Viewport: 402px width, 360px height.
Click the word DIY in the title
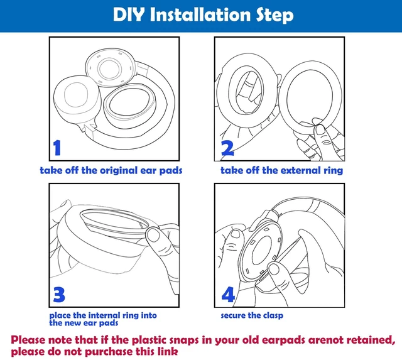(128, 14)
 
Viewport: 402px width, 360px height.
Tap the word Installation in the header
(200, 14)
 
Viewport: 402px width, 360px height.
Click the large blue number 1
(57, 148)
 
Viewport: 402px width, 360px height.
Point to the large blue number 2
(227, 148)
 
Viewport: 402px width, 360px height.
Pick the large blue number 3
(59, 295)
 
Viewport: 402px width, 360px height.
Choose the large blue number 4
(228, 295)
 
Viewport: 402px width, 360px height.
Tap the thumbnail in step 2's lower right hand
(320, 130)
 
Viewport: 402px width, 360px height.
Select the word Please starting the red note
(28, 340)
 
